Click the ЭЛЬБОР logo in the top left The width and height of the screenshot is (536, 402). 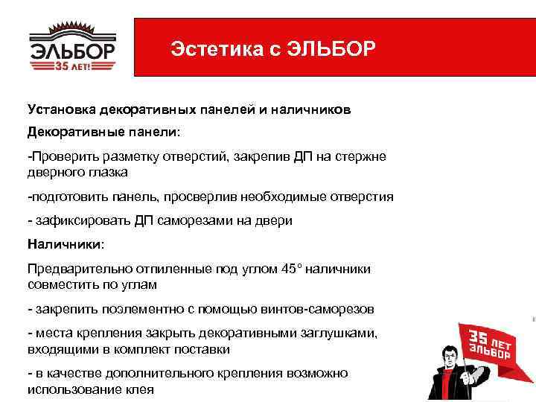point(72,47)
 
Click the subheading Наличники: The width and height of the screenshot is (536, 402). point(65,243)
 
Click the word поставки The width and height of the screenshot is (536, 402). point(204,348)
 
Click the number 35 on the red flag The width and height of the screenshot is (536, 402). point(477,341)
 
